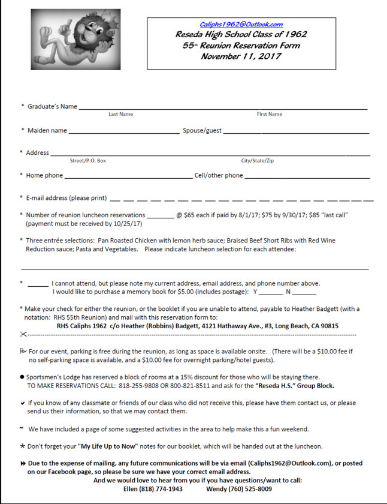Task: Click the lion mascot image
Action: pos(75,40)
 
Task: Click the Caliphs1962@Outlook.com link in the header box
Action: pos(241,25)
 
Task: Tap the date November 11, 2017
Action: pos(241,56)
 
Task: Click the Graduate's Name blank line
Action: pos(222,108)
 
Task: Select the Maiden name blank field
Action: pos(123,131)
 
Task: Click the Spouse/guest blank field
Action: pos(296,131)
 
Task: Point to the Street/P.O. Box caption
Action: pos(88,161)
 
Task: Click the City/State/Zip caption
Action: pos(258,161)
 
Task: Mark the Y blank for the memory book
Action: pos(270,293)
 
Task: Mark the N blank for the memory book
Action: pos(304,293)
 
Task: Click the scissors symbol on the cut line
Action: pos(23,334)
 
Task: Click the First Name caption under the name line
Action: pos(270,114)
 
